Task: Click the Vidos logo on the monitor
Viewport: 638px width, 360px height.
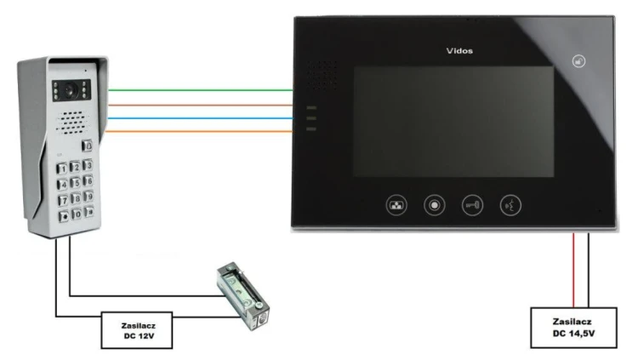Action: click(x=459, y=51)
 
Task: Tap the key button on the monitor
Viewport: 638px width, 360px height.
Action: click(x=472, y=205)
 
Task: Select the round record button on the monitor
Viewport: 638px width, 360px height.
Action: click(x=434, y=205)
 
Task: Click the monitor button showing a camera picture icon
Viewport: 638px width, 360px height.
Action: click(x=396, y=205)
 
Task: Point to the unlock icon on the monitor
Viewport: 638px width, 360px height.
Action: click(x=578, y=61)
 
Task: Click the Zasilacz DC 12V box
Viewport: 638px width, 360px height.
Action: click(x=137, y=330)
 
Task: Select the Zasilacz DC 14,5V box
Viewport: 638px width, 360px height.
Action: click(x=573, y=328)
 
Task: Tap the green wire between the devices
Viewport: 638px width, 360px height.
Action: click(x=200, y=90)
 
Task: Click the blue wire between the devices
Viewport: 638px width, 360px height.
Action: click(x=200, y=118)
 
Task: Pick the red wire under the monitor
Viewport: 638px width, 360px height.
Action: click(x=573, y=270)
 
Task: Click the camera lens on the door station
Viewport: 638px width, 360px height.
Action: click(x=70, y=90)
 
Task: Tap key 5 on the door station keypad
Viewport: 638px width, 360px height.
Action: click(x=75, y=183)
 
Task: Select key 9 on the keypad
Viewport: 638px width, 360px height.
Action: click(x=88, y=197)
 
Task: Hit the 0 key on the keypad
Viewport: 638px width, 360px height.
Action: click(x=76, y=214)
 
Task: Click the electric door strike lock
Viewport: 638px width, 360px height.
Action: click(x=243, y=296)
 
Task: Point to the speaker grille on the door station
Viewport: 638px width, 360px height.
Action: click(x=72, y=123)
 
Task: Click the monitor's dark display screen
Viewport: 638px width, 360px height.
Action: click(x=453, y=122)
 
